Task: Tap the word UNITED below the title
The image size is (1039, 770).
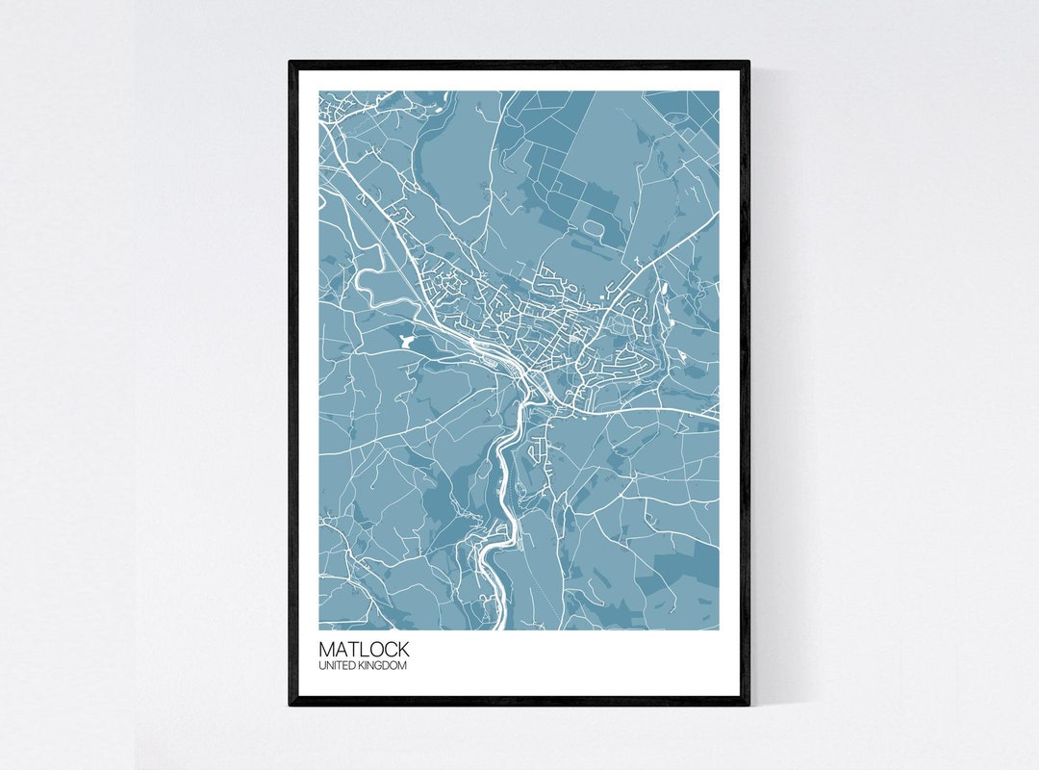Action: coord(337,666)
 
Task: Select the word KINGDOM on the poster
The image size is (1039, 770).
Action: coord(383,666)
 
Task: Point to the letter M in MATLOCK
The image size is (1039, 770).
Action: coord(327,650)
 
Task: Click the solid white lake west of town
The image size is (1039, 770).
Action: coord(404,340)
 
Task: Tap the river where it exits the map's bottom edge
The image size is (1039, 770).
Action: coord(498,624)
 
